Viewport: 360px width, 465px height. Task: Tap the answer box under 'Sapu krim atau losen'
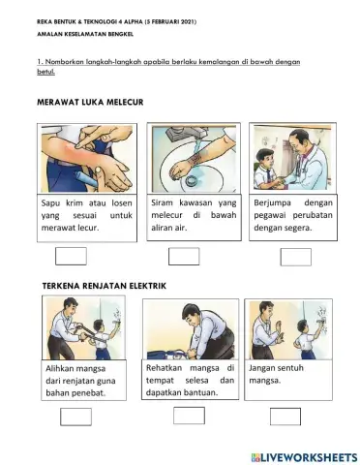[x=72, y=257]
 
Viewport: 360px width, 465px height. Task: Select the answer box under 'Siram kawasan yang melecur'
[x=183, y=257]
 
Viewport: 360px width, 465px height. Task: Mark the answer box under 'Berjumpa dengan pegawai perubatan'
[x=295, y=257]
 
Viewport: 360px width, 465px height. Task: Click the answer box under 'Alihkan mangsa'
[x=75, y=417]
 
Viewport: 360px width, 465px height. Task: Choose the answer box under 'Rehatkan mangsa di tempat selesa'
[x=189, y=416]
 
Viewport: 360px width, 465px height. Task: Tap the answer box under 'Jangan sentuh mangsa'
[x=285, y=417]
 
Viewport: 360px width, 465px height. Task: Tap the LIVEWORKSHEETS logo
[x=303, y=453]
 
